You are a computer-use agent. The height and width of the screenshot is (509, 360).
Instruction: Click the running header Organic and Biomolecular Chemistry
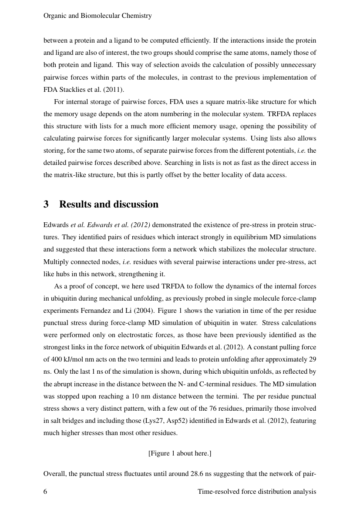tap(98, 16)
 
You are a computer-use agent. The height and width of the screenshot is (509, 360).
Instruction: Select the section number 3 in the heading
tap(46, 204)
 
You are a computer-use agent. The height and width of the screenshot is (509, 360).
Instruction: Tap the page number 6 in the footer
tap(46, 492)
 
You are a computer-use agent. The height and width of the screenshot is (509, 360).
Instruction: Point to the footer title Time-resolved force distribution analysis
tap(256, 492)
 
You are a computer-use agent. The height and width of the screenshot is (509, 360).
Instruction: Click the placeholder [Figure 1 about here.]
tap(180, 453)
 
